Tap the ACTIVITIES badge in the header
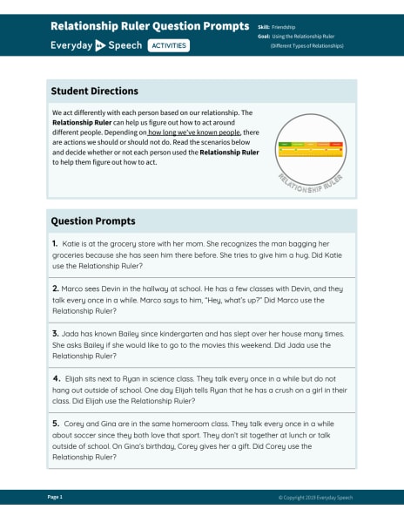pyautogui.click(x=168, y=44)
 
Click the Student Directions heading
pyautogui.click(x=94, y=91)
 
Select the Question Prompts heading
pyautogui.click(x=92, y=221)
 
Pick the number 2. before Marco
pyautogui.click(x=55, y=289)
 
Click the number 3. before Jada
pyautogui.click(x=55, y=334)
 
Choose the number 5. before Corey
pyautogui.click(x=55, y=424)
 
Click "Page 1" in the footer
pyautogui.click(x=55, y=497)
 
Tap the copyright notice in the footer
pyautogui.click(x=316, y=498)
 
